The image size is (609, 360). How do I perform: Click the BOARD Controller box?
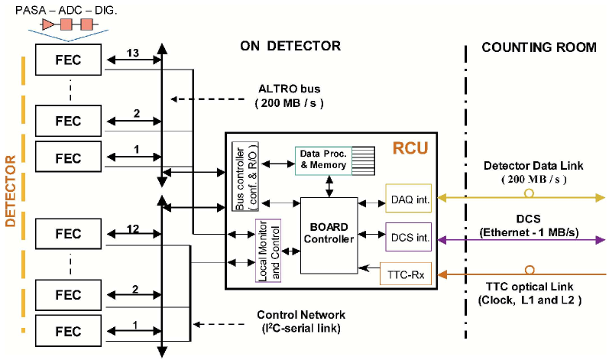[329, 235]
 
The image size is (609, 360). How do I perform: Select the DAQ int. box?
[409, 198]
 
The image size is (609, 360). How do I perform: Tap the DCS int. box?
[409, 237]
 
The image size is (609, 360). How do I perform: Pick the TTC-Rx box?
[406, 274]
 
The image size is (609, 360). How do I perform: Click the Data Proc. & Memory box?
[323, 161]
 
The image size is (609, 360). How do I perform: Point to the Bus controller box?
[245, 177]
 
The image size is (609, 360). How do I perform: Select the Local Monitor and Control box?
[268, 251]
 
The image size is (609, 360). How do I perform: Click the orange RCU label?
[410, 148]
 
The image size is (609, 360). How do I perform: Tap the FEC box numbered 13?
[68, 60]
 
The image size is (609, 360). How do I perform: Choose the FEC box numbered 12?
[68, 233]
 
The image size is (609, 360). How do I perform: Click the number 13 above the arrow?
[132, 53]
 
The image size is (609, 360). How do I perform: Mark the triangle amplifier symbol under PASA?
[48, 25]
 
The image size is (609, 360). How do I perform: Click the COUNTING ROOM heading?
[539, 47]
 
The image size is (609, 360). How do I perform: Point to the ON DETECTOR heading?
[290, 46]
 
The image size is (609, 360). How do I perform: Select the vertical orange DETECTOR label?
[11, 190]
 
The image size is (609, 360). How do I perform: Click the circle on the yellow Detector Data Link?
[529, 193]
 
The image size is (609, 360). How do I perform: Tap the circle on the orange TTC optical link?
[530, 270]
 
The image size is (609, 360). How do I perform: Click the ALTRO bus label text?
[290, 89]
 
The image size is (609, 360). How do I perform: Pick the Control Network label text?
[301, 315]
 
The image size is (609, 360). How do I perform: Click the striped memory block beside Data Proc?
[363, 161]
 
